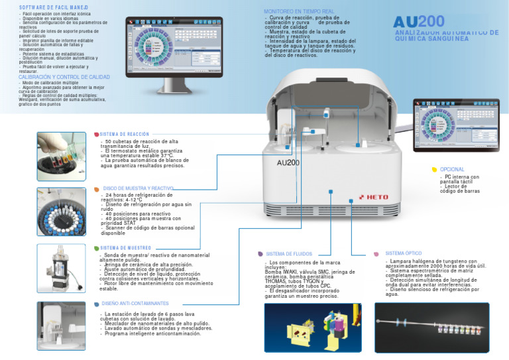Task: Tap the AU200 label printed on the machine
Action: tap(288, 162)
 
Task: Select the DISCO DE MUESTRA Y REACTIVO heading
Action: tap(139, 188)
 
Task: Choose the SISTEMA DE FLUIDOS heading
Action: tap(288, 254)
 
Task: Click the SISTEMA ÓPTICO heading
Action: tap(403, 253)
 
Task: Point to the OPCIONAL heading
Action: tap(452, 170)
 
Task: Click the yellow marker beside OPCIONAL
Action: tap(434, 170)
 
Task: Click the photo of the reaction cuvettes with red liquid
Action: tap(62, 155)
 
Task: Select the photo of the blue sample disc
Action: tap(62, 213)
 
